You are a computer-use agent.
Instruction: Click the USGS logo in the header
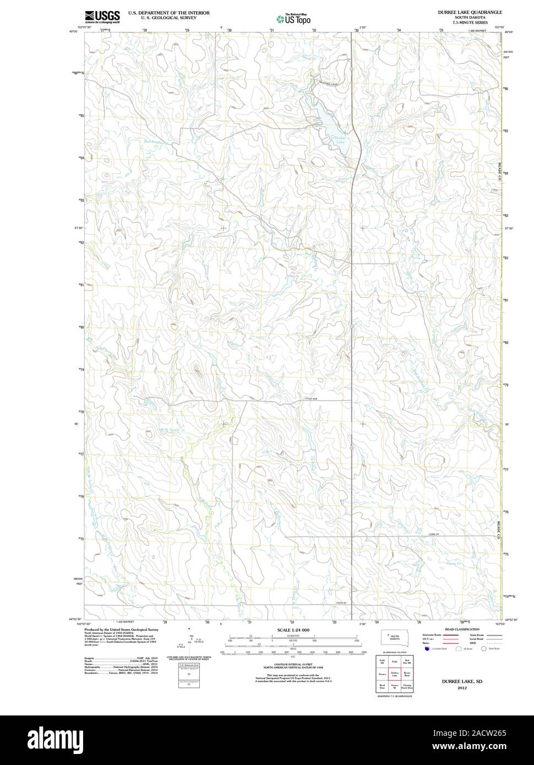coord(103,17)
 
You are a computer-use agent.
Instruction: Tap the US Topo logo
coord(294,18)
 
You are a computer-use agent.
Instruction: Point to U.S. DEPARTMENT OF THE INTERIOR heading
coord(168,12)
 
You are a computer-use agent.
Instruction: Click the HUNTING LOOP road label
coord(324,83)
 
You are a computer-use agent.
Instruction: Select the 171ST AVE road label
coord(312,399)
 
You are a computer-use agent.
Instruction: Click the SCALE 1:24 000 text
coord(293,629)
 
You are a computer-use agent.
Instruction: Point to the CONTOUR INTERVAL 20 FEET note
coord(293,665)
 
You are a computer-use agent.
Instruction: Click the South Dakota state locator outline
coord(395,638)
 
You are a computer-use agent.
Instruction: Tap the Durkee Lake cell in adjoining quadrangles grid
coord(394,673)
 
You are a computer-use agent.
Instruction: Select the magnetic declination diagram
coord(190,640)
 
